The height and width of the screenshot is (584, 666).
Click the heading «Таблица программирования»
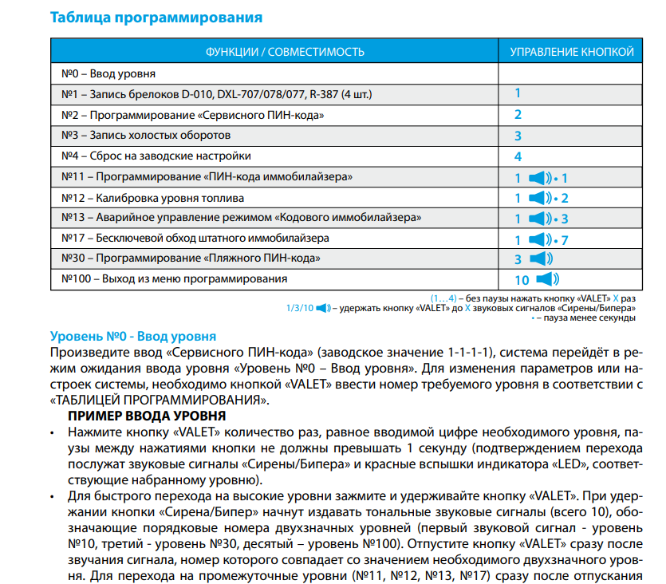tap(156, 16)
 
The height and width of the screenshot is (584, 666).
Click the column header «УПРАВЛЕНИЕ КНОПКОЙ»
tap(572, 52)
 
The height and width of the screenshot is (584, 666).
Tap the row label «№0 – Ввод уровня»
tap(108, 74)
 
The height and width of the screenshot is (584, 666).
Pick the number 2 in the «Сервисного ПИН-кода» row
tap(518, 115)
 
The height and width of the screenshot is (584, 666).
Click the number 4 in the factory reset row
tap(518, 156)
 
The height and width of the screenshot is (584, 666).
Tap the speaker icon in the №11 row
tap(540, 178)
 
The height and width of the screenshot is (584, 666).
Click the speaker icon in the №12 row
tap(540, 198)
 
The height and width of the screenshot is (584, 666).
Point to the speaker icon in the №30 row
tap(540, 259)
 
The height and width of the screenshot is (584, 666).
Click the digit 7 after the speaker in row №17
tap(564, 239)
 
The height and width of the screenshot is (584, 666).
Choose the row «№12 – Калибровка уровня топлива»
tap(153, 197)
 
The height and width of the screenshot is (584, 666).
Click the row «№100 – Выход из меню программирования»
tap(174, 279)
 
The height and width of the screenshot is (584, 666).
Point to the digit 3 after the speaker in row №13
tap(564, 219)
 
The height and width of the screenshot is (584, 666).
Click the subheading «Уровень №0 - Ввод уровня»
tap(132, 337)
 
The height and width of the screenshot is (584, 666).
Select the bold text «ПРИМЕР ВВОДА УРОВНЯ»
tap(148, 416)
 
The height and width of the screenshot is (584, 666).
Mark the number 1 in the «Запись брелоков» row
tap(518, 94)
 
